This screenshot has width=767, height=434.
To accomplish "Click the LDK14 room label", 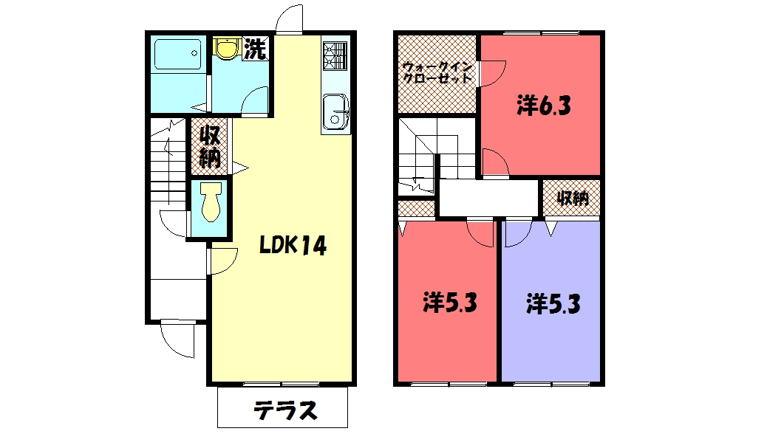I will click(293, 246).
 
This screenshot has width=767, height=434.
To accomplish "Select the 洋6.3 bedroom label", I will click(543, 107).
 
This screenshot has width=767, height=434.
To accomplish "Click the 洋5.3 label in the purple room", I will click(553, 303).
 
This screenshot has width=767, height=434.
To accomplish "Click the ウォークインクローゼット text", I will click(437, 73).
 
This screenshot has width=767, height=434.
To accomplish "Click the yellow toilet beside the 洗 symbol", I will click(226, 49).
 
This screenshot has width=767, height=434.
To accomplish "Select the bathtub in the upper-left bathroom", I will click(178, 55).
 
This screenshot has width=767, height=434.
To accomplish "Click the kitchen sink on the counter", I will click(337, 112).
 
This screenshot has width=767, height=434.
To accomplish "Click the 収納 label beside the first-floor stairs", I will click(210, 147).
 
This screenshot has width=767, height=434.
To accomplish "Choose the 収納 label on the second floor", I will click(570, 199).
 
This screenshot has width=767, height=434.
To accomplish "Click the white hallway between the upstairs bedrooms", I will click(488, 197).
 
